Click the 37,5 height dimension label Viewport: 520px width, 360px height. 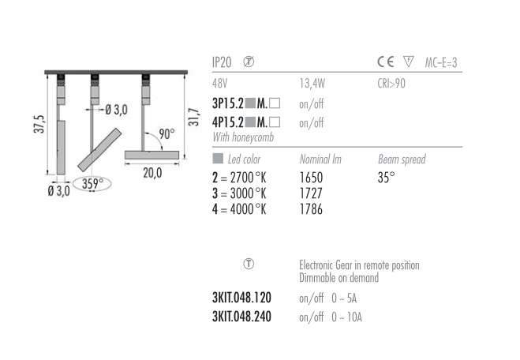coord(39,124)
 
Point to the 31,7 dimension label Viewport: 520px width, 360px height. coord(193,117)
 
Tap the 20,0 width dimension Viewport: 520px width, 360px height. coord(152,173)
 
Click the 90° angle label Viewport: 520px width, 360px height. coord(166,134)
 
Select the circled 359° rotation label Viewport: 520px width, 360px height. coord(92,183)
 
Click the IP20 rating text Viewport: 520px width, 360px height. coord(222,62)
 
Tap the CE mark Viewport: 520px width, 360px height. coord(386,62)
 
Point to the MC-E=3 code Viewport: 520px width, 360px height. coord(441,62)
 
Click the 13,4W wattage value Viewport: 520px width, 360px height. coord(312,83)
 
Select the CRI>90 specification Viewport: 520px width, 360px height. coord(391,83)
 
